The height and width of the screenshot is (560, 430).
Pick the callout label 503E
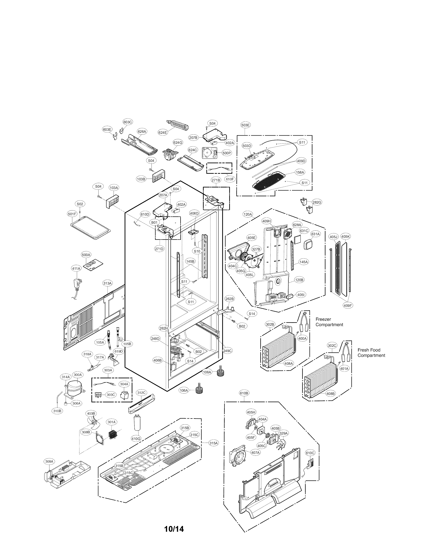245,125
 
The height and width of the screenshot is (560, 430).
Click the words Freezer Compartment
329,322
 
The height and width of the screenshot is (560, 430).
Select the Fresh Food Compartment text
371,353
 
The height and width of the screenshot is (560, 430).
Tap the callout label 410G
136,439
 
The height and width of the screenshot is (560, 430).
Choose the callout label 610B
244,393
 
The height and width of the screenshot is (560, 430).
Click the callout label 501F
72,214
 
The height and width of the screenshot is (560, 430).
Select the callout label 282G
317,202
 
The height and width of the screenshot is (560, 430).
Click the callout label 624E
163,132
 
